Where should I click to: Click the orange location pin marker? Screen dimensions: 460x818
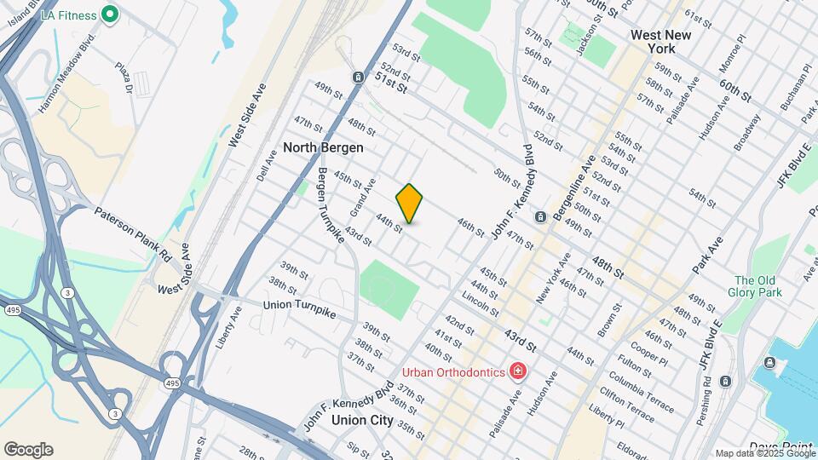[409, 204]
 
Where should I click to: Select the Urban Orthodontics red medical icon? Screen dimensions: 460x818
[516, 371]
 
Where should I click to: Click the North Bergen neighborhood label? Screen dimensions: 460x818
[323, 147]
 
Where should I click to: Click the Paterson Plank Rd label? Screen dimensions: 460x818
[133, 233]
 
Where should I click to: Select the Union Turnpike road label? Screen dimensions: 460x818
[299, 309]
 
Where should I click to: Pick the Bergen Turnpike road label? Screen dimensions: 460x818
[330, 205]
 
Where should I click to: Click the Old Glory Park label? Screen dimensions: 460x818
[758, 287]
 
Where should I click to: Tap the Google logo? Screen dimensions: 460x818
[28, 450]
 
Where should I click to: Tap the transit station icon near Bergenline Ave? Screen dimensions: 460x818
[540, 217]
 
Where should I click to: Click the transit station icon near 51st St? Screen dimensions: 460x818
[359, 78]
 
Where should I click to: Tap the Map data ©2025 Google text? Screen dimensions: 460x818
[763, 453]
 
